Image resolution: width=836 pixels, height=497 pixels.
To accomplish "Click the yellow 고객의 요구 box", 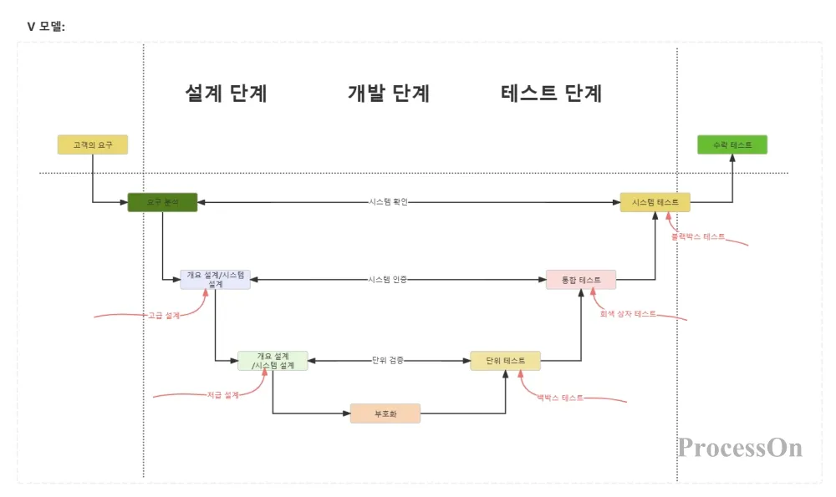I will pyautogui.click(x=92, y=145).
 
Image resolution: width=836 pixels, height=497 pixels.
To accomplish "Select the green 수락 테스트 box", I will pyautogui.click(x=732, y=145).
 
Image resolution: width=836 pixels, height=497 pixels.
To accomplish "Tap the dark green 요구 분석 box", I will pyautogui.click(x=162, y=202).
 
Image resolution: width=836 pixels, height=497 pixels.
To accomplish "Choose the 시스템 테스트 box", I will pyautogui.click(x=655, y=202).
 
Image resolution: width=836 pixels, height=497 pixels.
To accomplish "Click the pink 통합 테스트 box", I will pyautogui.click(x=580, y=279).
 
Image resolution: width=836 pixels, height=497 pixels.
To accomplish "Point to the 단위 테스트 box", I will pyautogui.click(x=505, y=361).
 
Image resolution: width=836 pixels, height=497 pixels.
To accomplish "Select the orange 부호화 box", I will pyautogui.click(x=385, y=413).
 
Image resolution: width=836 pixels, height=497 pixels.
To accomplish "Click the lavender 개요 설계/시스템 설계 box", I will pyautogui.click(x=215, y=279).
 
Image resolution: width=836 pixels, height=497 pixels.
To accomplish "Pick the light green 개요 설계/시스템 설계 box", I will pyautogui.click(x=273, y=361).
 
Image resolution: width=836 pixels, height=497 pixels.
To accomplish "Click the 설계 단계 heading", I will pyautogui.click(x=226, y=93).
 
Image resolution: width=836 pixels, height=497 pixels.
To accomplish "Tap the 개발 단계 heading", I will pyautogui.click(x=388, y=93).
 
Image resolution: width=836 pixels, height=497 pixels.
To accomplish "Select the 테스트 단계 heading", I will pyautogui.click(x=552, y=93).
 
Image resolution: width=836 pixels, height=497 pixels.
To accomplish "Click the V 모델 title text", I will pyautogui.click(x=46, y=27).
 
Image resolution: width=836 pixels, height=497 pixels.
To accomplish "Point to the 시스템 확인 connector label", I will pyautogui.click(x=388, y=202).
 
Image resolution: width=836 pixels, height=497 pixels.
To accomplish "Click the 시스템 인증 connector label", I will pyautogui.click(x=388, y=279).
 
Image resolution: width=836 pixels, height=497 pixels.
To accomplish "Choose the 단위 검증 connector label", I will pyautogui.click(x=388, y=361).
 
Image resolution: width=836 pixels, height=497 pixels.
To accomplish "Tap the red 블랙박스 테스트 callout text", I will pyautogui.click(x=698, y=236).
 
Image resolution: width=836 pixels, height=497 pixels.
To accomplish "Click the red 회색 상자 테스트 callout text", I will pyautogui.click(x=628, y=314).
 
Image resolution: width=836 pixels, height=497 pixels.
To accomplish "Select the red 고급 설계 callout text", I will pyautogui.click(x=164, y=315).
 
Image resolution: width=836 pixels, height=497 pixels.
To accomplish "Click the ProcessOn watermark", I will pyautogui.click(x=740, y=448).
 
